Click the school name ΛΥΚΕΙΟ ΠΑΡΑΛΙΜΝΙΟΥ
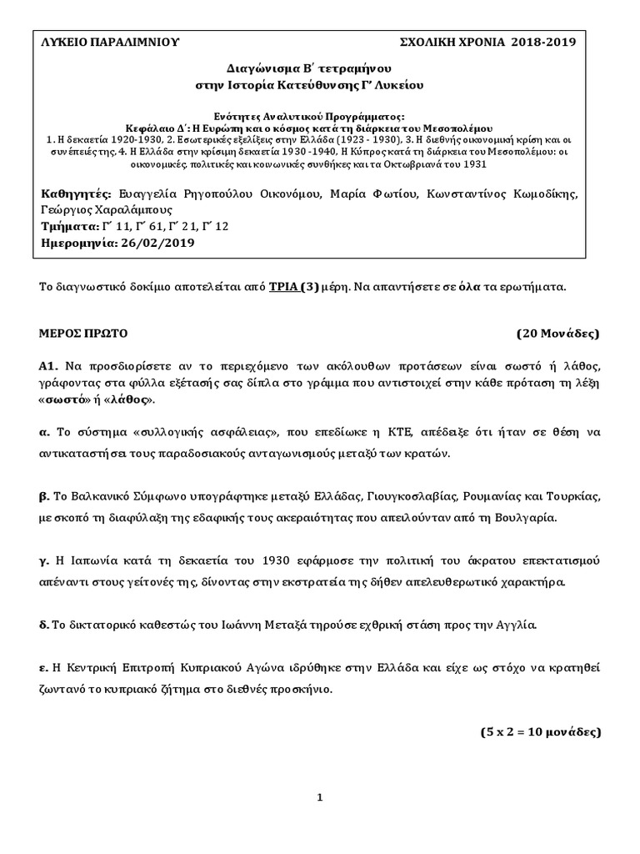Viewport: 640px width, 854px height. coord(109,43)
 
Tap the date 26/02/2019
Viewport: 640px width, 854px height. coord(157,243)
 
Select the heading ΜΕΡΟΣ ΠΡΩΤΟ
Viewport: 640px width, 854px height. coord(83,333)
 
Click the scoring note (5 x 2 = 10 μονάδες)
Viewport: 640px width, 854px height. coord(539,732)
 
